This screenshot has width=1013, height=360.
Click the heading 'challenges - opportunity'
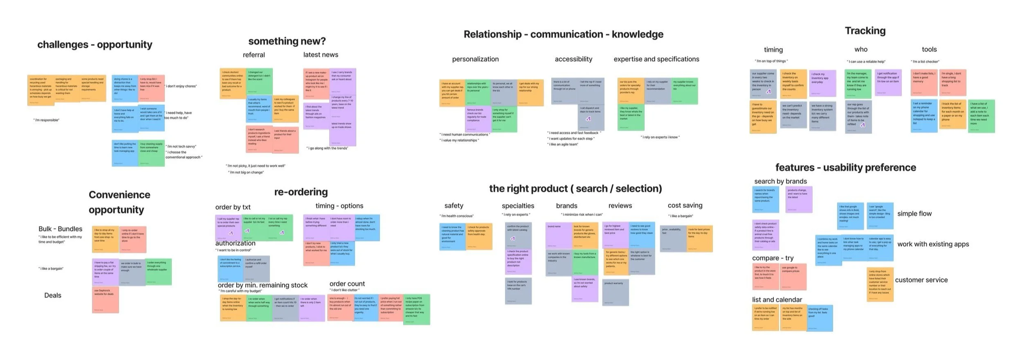coord(94,45)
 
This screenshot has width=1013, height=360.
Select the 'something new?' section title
coord(287,41)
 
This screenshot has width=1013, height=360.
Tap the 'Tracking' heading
coord(865,31)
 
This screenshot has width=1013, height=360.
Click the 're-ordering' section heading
coord(301,192)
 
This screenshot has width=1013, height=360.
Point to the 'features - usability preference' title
coord(845,168)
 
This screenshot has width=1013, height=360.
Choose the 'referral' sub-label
coord(254,55)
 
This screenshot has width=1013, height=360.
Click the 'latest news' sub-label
coord(321,55)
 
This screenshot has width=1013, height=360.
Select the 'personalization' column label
coord(475,59)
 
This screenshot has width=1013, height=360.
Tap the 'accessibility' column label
coord(573,59)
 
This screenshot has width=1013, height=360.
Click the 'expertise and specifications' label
coord(656,59)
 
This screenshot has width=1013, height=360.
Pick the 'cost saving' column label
coord(685,205)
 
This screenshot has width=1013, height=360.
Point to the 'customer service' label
coord(921,280)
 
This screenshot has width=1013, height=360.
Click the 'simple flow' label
coord(914,214)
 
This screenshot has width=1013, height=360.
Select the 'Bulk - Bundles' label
coord(61,229)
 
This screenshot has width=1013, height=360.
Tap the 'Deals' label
coord(53,295)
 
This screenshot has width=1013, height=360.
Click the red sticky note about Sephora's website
coord(106,299)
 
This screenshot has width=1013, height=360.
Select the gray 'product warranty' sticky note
coord(615,292)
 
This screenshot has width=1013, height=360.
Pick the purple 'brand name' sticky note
coord(558,235)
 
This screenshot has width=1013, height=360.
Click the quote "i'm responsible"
coord(46,120)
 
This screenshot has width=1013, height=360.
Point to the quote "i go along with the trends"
coord(327,148)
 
